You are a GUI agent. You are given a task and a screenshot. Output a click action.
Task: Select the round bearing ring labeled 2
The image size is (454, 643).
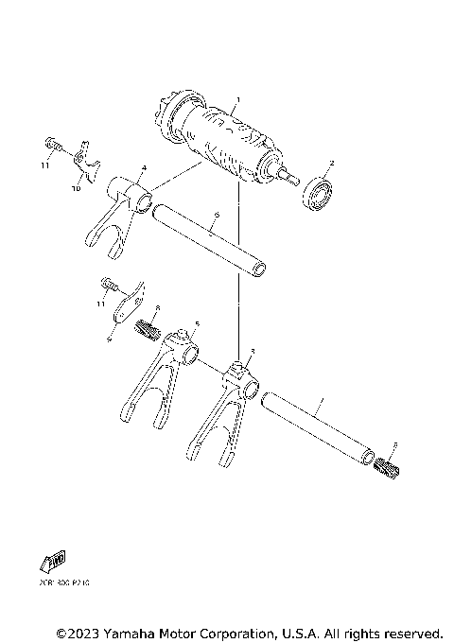[319, 198]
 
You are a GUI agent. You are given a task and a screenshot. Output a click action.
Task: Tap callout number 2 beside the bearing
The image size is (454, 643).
[330, 164]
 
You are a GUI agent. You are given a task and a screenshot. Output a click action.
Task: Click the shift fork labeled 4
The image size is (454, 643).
[117, 218]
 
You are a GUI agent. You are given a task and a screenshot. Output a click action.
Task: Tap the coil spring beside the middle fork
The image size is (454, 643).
[147, 330]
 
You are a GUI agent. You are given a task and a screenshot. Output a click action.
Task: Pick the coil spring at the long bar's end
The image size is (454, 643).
[389, 465]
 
